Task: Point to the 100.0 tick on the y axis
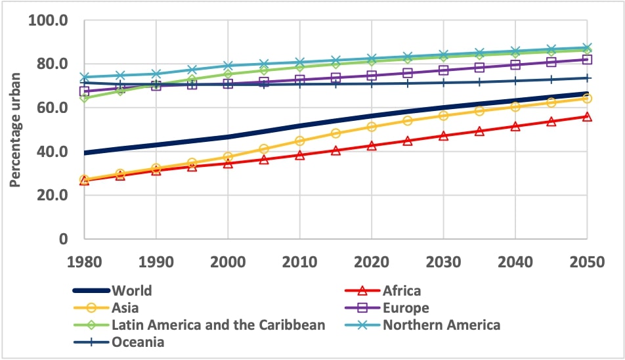[x=49, y=20]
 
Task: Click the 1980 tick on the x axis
[x=84, y=261]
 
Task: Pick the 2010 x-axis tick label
[x=299, y=261]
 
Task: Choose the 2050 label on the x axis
[x=586, y=261]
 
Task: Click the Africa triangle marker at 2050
[x=586, y=116]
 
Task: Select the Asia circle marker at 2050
[x=586, y=99]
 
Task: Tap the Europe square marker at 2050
[x=586, y=59]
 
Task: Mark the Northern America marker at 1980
[x=84, y=77]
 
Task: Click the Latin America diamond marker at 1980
[x=84, y=98]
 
